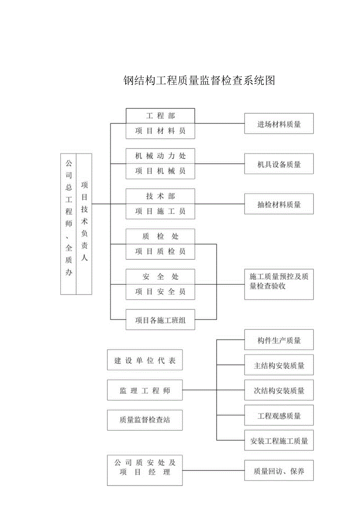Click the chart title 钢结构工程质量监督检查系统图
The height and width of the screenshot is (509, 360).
click(x=200, y=80)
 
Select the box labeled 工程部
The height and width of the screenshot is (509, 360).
click(x=160, y=116)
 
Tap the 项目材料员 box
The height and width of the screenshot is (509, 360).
click(x=160, y=131)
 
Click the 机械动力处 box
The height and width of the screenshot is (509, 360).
click(x=160, y=156)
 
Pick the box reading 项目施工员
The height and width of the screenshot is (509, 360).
click(x=160, y=211)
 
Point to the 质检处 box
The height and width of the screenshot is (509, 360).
click(x=160, y=236)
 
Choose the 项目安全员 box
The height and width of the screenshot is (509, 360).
click(x=160, y=292)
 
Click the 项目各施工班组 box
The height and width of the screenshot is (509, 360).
click(x=160, y=320)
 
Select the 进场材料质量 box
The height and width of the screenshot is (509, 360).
click(x=279, y=124)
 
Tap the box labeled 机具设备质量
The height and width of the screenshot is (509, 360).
click(x=279, y=164)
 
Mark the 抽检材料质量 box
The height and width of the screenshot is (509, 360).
click(x=279, y=204)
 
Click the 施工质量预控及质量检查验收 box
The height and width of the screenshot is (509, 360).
click(x=279, y=285)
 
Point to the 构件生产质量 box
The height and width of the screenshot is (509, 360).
click(x=279, y=340)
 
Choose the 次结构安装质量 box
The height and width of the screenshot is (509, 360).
click(x=279, y=390)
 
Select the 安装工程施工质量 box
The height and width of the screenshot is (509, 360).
click(x=279, y=441)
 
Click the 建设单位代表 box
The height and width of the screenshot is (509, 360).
click(x=145, y=360)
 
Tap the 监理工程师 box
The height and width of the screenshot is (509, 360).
click(x=145, y=390)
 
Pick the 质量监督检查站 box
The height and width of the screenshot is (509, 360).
click(x=145, y=420)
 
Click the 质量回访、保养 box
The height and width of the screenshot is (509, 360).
click(x=279, y=471)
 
